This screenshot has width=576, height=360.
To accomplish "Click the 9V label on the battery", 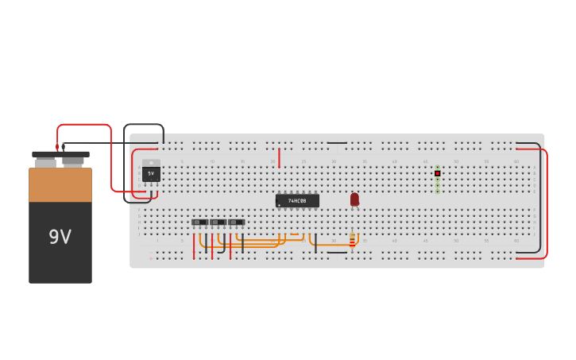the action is click(x=60, y=237).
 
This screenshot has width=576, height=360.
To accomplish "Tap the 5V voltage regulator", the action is click(x=151, y=172).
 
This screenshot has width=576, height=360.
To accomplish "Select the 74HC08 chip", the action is click(x=297, y=201).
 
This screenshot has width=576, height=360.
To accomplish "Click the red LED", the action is click(x=354, y=199).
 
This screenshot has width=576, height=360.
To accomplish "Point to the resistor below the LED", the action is click(x=353, y=239).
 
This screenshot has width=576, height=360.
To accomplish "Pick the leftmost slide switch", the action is click(x=199, y=223).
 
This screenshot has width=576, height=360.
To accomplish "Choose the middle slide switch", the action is click(x=218, y=223).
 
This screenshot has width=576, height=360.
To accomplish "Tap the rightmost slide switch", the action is click(x=236, y=223).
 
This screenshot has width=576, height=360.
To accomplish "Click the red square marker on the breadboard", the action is click(x=437, y=173).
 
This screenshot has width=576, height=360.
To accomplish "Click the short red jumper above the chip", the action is click(x=279, y=157).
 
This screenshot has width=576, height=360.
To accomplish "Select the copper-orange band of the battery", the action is click(x=60, y=184).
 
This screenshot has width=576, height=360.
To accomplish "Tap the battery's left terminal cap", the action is click(x=45, y=161).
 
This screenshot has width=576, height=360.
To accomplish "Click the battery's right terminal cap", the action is click(x=73, y=161).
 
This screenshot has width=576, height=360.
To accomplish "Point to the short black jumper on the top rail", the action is click(x=337, y=143).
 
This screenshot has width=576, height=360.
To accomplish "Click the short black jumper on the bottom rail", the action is click(x=337, y=253).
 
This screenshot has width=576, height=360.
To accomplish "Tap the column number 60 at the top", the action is click(x=516, y=161).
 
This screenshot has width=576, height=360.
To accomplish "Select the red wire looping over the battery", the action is click(x=84, y=125).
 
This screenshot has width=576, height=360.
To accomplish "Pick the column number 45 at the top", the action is click(x=425, y=161).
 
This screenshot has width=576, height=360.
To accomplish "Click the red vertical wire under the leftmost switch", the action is click(x=193, y=246).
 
